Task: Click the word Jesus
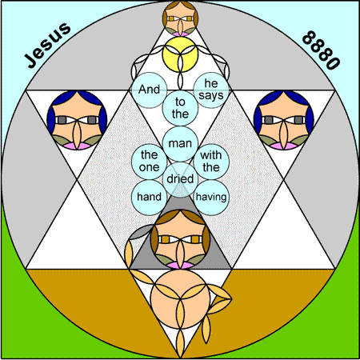(x=48, y=45)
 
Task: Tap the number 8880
(x=322, y=50)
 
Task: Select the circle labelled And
(x=150, y=90)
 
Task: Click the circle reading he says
(x=211, y=90)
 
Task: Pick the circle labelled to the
(x=180, y=108)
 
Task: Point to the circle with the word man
(x=180, y=144)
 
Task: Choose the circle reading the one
(x=150, y=162)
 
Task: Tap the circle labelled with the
(x=211, y=162)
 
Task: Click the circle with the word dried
(x=180, y=179)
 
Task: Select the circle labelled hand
(x=150, y=198)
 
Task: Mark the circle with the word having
(x=211, y=198)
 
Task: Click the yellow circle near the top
(x=180, y=54)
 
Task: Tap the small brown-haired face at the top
(x=180, y=18)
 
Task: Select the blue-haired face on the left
(x=77, y=120)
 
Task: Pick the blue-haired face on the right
(x=284, y=120)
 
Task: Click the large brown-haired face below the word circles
(x=180, y=239)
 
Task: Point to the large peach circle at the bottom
(x=180, y=298)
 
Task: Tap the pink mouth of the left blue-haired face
(x=77, y=146)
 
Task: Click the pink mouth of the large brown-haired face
(x=180, y=265)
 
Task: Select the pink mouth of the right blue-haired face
(x=284, y=146)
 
